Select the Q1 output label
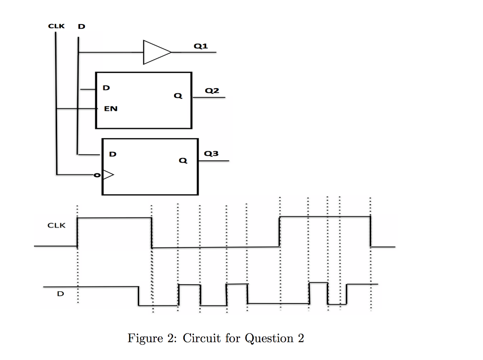tap(200, 46)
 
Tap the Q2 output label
tap(212, 90)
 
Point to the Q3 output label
tap(211, 154)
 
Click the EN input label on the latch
tap(111, 108)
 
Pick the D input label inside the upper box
tap(107, 88)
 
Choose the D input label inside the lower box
tap(113, 154)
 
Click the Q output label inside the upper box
tap(177, 96)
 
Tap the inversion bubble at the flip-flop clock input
tap(97, 175)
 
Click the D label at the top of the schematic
tap(82, 26)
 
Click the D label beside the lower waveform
tap(60, 294)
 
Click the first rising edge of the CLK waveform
tap(77, 232)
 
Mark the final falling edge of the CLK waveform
tap(370, 231)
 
